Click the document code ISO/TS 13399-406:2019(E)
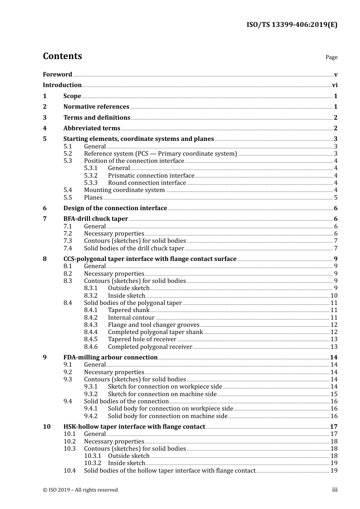pyautogui.click(x=292, y=25)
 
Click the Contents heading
pyautogui.click(x=62, y=56)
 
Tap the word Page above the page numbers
pyautogui.click(x=331, y=57)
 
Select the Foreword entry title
pyautogui.click(x=57, y=74)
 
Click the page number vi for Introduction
pyautogui.click(x=335, y=85)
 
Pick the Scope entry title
pyautogui.click(x=72, y=96)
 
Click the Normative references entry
pyautogui.click(x=96, y=107)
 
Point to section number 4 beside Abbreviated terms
pyautogui.click(x=45, y=128)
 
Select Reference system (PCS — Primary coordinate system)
pyautogui.click(x=160, y=154)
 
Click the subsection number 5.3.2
pyautogui.click(x=91, y=176)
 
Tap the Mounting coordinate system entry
pyautogui.click(x=124, y=190)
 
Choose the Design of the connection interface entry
pyautogui.click(x=115, y=208)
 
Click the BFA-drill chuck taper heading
pyautogui.click(x=95, y=219)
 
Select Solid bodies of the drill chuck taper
pyautogui.click(x=134, y=248)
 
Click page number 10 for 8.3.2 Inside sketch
pyautogui.click(x=334, y=296)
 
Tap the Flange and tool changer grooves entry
pyautogui.click(x=153, y=325)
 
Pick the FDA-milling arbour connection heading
pyautogui.click(x=110, y=358)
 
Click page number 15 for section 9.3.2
pyautogui.click(x=334, y=394)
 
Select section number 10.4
pyautogui.click(x=69, y=471)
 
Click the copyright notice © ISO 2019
pyautogui.click(x=80, y=490)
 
